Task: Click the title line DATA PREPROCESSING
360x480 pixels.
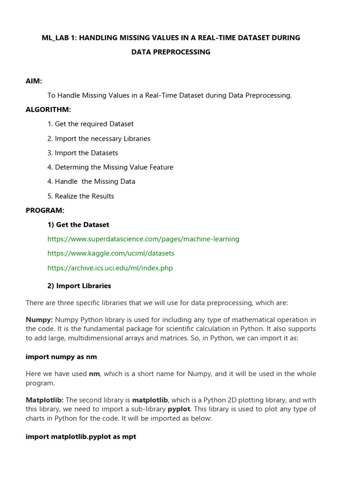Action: [x=171, y=52]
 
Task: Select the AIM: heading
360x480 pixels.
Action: [x=34, y=81]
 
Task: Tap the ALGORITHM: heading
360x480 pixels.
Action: [x=48, y=110]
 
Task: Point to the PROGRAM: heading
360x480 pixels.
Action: [x=45, y=210]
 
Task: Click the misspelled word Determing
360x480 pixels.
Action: [x=71, y=167]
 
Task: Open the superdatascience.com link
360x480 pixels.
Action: [x=143, y=239]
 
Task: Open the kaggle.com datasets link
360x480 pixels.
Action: [x=111, y=253]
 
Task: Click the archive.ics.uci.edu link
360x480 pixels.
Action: [x=110, y=268]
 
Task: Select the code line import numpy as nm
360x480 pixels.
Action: [x=61, y=357]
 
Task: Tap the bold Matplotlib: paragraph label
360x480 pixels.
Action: [x=45, y=400]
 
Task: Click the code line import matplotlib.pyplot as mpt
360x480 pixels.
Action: [x=81, y=436]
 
